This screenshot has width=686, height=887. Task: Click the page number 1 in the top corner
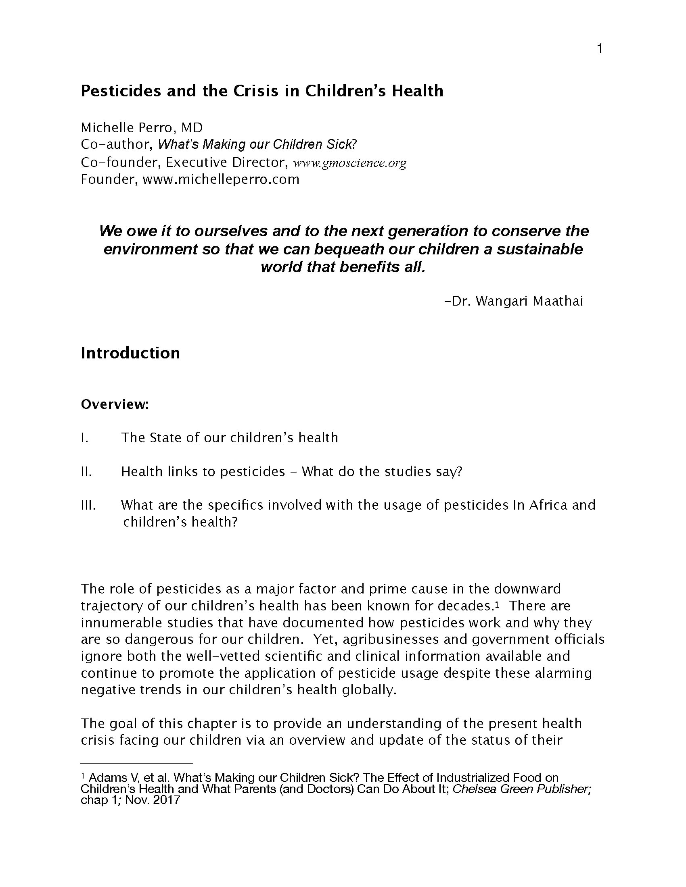(x=600, y=49)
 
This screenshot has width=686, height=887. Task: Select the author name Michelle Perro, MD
(x=141, y=127)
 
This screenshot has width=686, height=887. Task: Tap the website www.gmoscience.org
(x=349, y=163)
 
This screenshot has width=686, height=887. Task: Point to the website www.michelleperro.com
(x=221, y=179)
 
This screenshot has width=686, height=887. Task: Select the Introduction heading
(x=130, y=353)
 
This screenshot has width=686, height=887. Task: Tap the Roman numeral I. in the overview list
(x=84, y=438)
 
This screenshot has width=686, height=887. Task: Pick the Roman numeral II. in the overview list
(x=86, y=472)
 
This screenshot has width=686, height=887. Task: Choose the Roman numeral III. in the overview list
(x=88, y=505)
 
